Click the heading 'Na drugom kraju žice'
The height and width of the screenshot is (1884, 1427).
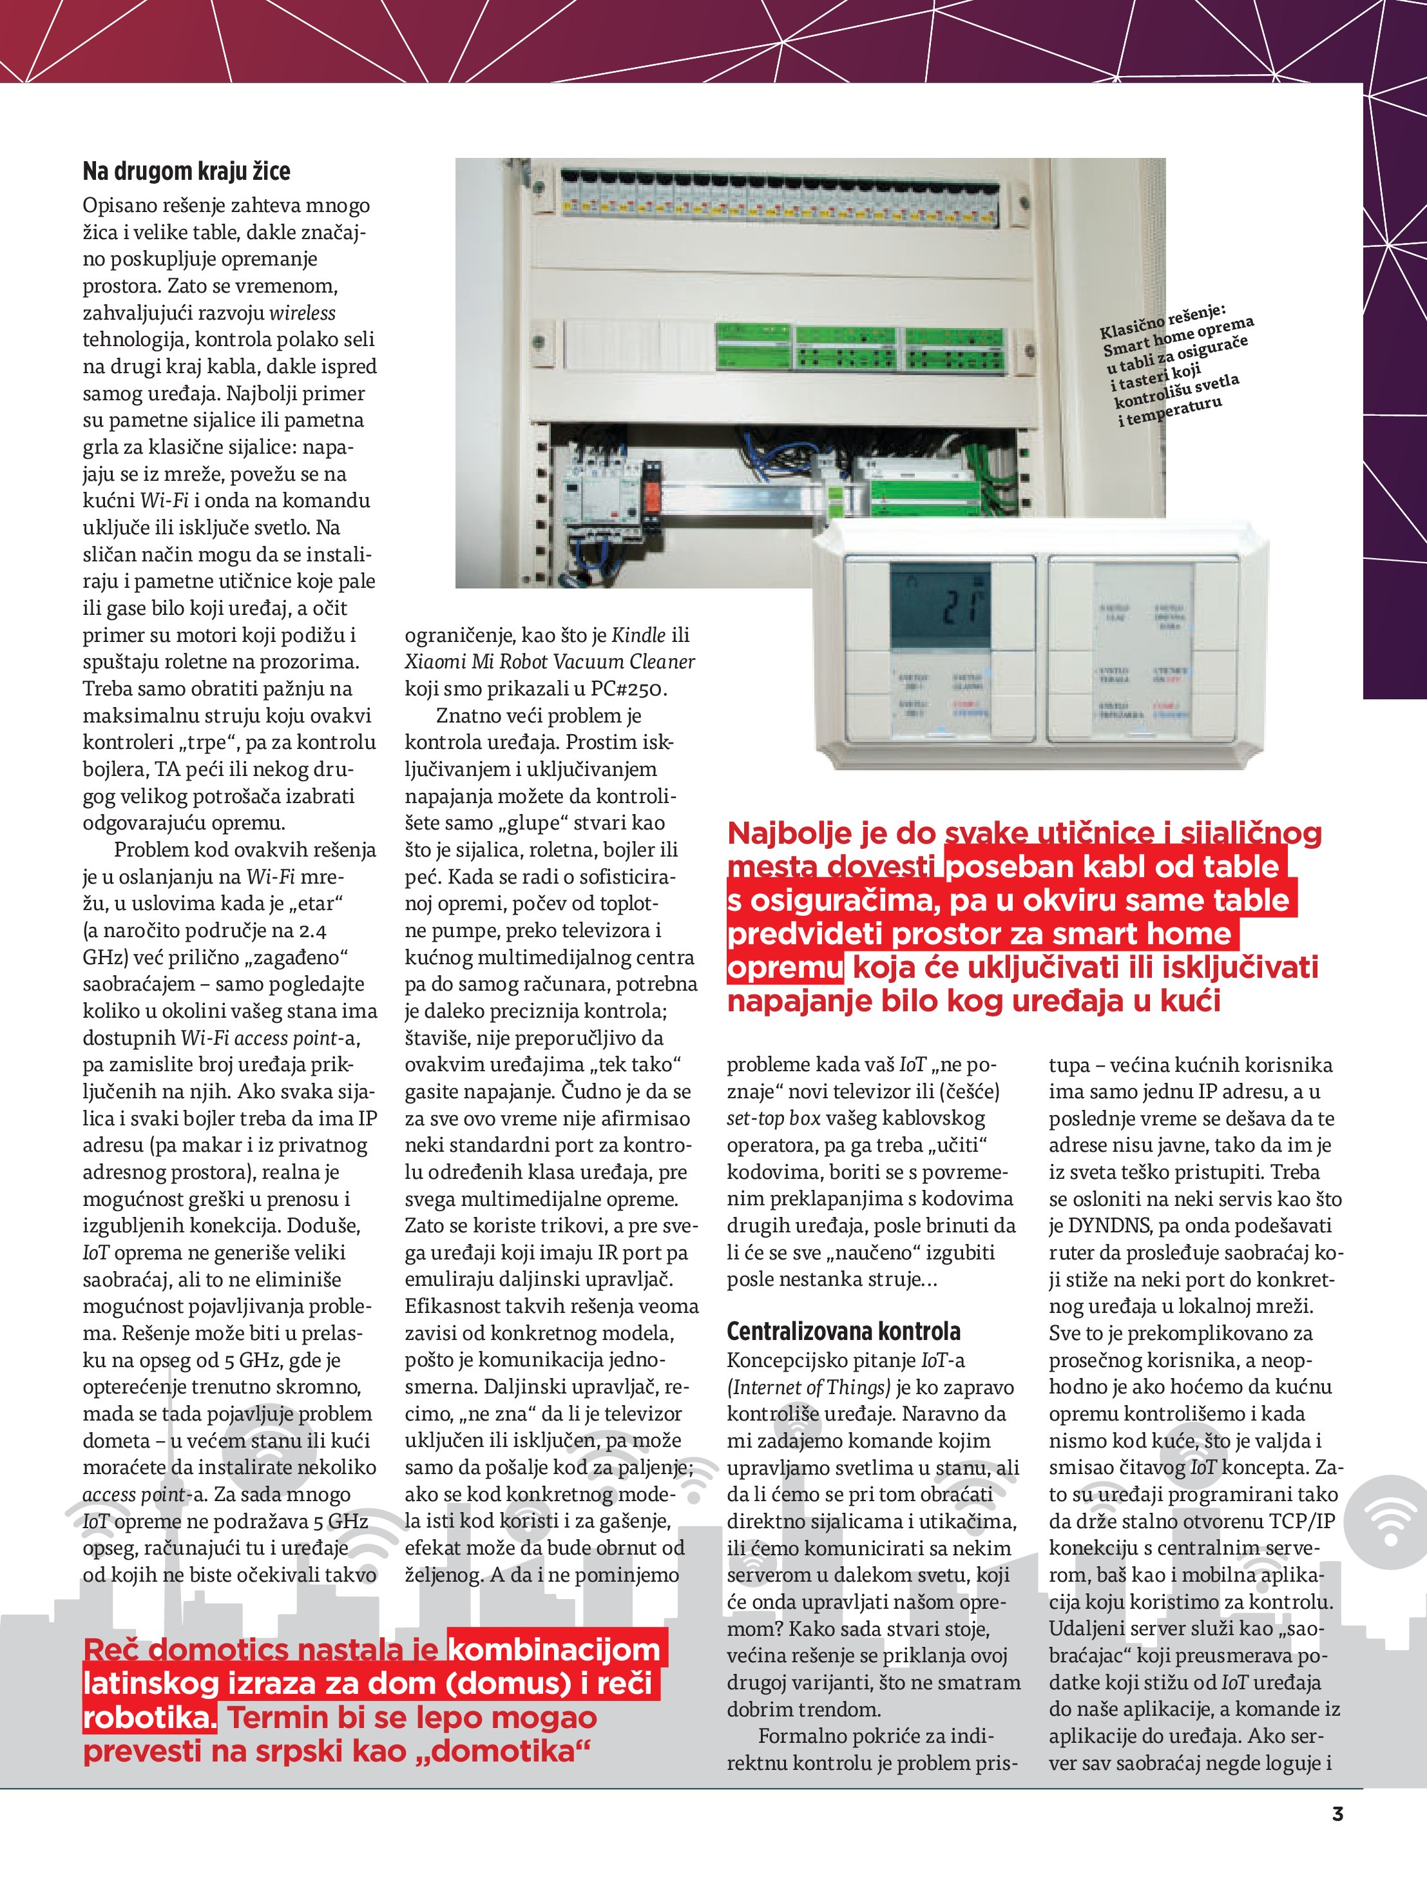186,171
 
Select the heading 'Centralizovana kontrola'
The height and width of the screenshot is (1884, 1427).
843,1330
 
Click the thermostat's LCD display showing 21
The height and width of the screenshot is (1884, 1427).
940,607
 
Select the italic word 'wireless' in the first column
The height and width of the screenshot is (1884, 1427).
302,313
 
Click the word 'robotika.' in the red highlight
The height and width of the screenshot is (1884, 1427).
149,1718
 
